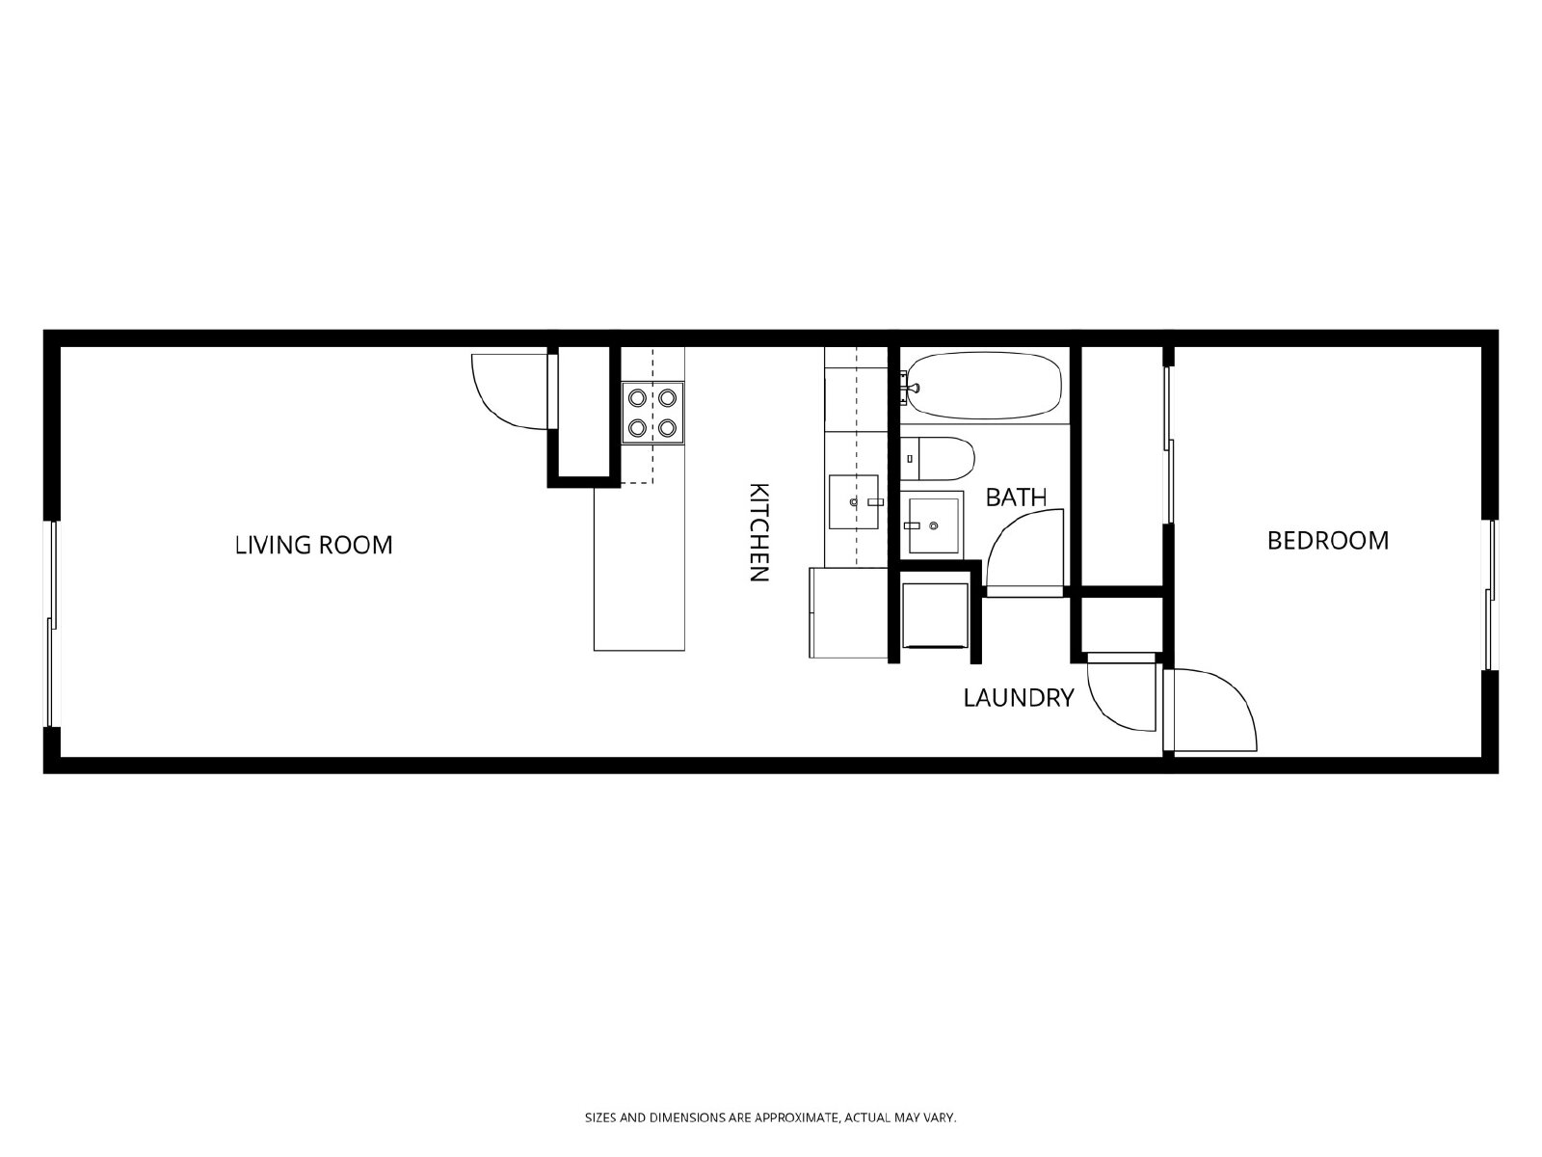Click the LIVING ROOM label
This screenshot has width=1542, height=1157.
tap(313, 545)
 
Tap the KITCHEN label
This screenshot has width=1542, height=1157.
tap(758, 532)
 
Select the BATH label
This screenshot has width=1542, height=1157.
tap(1016, 498)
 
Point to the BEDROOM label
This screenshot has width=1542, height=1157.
tap(1328, 540)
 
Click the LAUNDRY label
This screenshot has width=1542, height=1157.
tap(1019, 697)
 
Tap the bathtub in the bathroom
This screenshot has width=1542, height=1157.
tap(984, 386)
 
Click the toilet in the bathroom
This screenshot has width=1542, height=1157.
tap(937, 459)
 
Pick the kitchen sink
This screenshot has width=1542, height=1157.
tap(854, 501)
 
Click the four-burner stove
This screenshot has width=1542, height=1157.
tap(652, 413)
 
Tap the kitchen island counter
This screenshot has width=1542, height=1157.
tap(639, 568)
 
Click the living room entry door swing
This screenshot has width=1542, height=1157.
tap(512, 390)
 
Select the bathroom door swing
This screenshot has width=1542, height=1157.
tap(1025, 552)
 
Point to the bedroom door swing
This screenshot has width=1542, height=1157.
tap(1210, 711)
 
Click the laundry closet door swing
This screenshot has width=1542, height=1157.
tap(1121, 692)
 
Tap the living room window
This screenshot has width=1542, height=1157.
tap(50, 624)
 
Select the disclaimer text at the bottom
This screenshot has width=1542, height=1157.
tap(771, 1117)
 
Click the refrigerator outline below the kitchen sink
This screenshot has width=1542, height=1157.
tap(849, 612)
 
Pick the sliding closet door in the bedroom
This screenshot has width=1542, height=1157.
tap(1167, 444)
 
